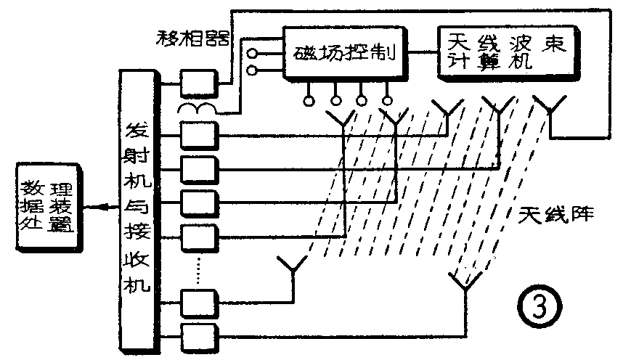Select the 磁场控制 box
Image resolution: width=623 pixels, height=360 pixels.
coord(343,53)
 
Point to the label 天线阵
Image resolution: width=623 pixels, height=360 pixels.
coord(557,215)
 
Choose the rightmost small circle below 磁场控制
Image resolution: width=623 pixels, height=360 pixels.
coord(387,101)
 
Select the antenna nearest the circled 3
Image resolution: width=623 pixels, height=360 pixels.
coord(462,279)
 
